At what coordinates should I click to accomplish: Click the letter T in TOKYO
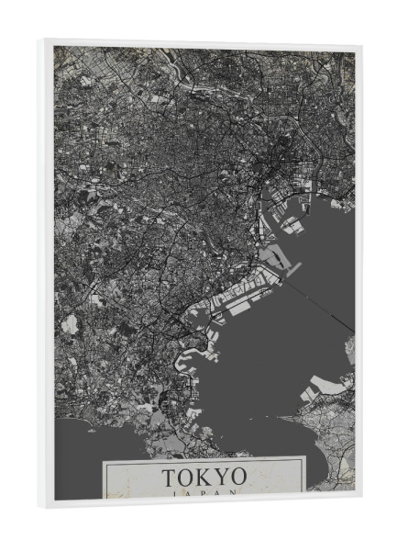(x=170, y=478)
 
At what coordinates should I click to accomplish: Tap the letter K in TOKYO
(x=204, y=478)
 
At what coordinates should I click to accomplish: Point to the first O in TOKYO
(x=186, y=478)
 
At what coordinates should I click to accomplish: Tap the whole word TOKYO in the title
(x=204, y=478)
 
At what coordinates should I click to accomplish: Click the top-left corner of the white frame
(x=42, y=40)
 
